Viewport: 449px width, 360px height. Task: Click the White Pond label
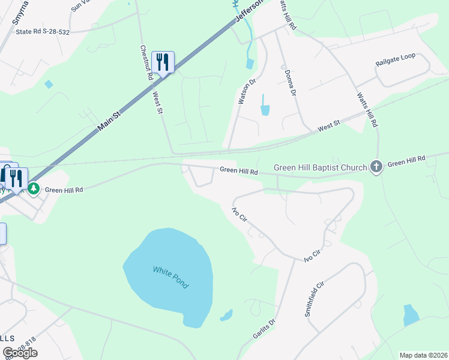point(170,277)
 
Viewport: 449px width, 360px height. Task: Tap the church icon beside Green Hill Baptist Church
point(376,167)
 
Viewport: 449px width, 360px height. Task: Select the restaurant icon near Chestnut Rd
point(163,62)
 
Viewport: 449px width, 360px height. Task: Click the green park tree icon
point(34,189)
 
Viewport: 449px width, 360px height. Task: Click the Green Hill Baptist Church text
point(320,167)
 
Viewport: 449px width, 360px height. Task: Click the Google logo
point(20,352)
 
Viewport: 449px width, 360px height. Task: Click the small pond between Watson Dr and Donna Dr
point(265,110)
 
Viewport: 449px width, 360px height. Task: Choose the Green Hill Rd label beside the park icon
point(64,189)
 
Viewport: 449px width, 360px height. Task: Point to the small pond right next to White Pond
point(226,315)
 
